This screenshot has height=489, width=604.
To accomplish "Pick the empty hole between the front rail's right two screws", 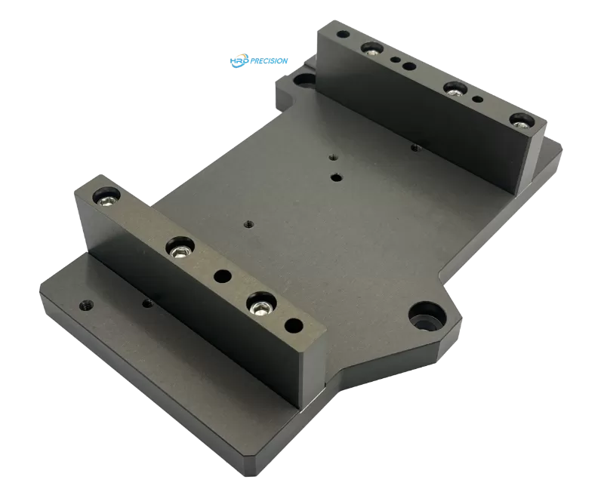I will coord(222,277).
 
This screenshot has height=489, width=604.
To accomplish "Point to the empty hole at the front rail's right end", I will coord(294,326).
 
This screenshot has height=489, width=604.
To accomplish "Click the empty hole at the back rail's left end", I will coord(344,35).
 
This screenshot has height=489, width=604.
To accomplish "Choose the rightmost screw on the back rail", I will coord(519,119).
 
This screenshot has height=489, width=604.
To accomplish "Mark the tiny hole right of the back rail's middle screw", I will coord(476,99).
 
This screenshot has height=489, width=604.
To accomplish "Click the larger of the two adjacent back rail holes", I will coord(408,66).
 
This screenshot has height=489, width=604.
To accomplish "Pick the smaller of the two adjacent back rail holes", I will coord(394,60).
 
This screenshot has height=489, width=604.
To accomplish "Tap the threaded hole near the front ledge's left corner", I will coord(85,306).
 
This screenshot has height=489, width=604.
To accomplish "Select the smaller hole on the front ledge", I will coord(146,302).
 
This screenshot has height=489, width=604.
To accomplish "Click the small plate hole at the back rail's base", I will coord(413,148).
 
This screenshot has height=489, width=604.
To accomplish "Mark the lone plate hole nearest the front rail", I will coord(247,223).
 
